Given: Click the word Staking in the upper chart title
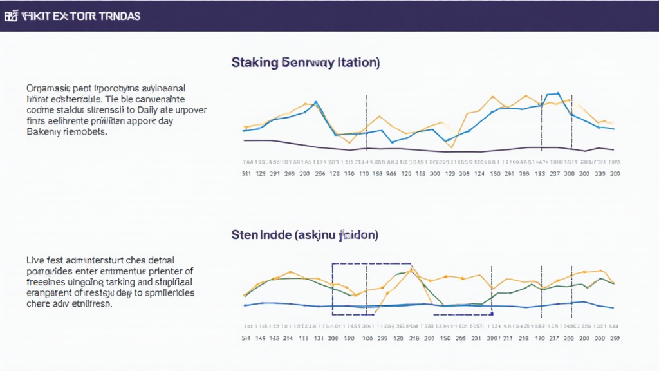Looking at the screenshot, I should pos(254,62).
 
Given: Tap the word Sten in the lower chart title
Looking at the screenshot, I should pos(245,234).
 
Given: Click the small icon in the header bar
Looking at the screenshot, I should pos(10,16).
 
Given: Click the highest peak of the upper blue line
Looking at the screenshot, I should pos(557,93).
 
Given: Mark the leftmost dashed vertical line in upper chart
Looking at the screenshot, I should pos(366,122).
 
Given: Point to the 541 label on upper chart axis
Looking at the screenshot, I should pos(246,174).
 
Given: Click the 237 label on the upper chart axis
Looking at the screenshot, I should pos(554,174).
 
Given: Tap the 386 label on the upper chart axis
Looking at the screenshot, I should pos(524,174).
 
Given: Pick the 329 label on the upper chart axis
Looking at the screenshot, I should pos(600,174).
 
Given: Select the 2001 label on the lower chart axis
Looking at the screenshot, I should pos(494,338).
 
